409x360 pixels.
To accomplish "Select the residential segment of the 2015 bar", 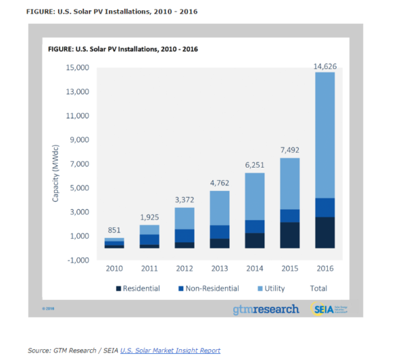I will [289, 235].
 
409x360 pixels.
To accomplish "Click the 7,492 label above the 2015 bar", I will [289, 151].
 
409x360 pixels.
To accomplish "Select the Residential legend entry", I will [140, 288].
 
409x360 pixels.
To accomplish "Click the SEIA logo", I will [330, 309].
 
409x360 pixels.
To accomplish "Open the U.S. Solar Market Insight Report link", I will [170, 350].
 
